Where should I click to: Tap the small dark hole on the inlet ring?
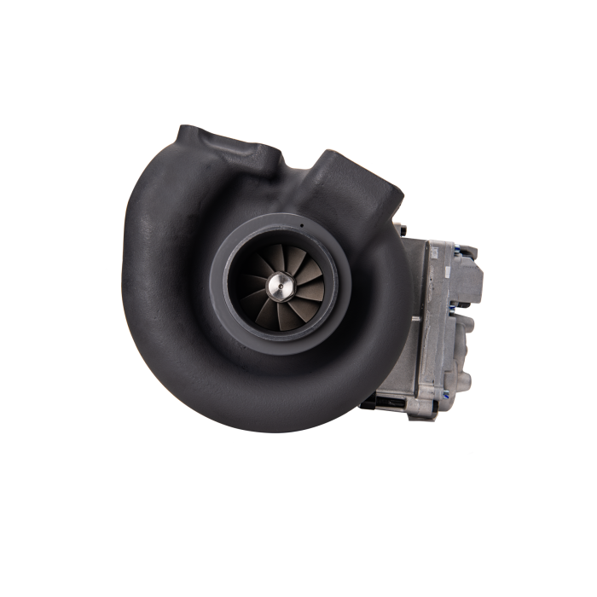(x=301, y=226)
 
